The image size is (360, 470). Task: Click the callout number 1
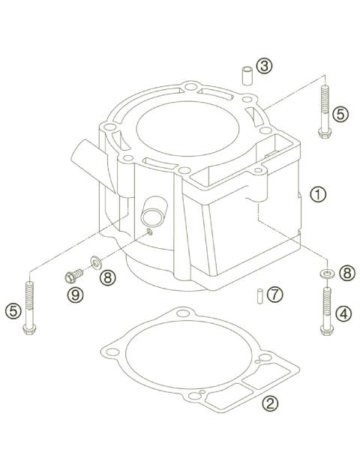319,194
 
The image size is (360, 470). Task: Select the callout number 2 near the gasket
270,403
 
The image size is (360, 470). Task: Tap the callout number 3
263,66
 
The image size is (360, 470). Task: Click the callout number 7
275,294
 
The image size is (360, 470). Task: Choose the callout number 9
75,296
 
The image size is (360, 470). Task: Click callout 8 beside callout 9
109,277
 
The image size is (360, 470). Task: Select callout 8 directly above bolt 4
346,273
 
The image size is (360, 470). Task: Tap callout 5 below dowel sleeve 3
341,115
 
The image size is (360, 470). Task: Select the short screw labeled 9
73,276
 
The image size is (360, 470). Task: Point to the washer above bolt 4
326,274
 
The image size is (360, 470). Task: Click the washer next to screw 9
94,262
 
